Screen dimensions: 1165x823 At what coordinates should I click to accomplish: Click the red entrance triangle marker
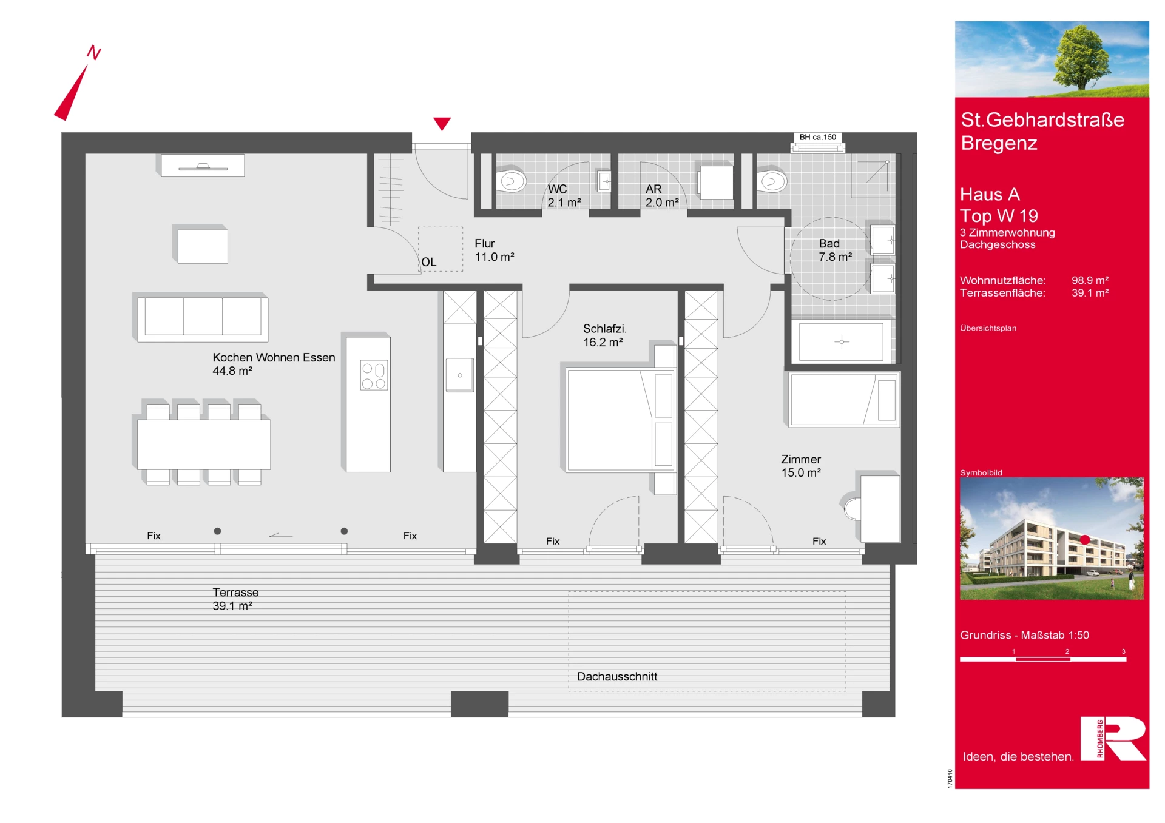pyautogui.click(x=442, y=123)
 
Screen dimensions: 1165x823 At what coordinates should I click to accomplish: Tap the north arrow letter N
pyautogui.click(x=94, y=52)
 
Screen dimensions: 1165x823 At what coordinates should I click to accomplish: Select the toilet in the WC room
pyautogui.click(x=512, y=181)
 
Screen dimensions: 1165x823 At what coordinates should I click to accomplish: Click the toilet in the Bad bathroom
pyautogui.click(x=772, y=181)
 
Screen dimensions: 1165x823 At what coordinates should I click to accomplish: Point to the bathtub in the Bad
pyautogui.click(x=841, y=342)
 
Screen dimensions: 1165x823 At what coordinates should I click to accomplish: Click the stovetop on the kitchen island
pyautogui.click(x=374, y=375)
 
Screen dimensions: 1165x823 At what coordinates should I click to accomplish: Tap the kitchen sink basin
pyautogui.click(x=460, y=375)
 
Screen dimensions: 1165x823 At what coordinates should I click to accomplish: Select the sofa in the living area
pyautogui.click(x=203, y=317)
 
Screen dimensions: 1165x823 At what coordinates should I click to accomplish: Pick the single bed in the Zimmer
pyautogui.click(x=843, y=400)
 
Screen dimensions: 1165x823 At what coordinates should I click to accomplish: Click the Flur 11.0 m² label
pyautogui.click(x=494, y=250)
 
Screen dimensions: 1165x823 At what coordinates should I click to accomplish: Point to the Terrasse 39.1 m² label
pyautogui.click(x=235, y=599)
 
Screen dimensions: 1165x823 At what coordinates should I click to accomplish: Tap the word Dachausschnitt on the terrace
pyautogui.click(x=617, y=676)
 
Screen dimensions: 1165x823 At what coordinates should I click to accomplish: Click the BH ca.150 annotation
pyautogui.click(x=817, y=137)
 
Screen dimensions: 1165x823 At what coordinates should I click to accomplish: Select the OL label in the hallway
pyautogui.click(x=428, y=262)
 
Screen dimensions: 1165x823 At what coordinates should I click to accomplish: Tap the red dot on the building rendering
pyautogui.click(x=1085, y=539)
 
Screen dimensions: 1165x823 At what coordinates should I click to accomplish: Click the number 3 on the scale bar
pyautogui.click(x=1123, y=651)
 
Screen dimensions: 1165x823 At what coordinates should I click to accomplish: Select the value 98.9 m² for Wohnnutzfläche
pyautogui.click(x=1090, y=280)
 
